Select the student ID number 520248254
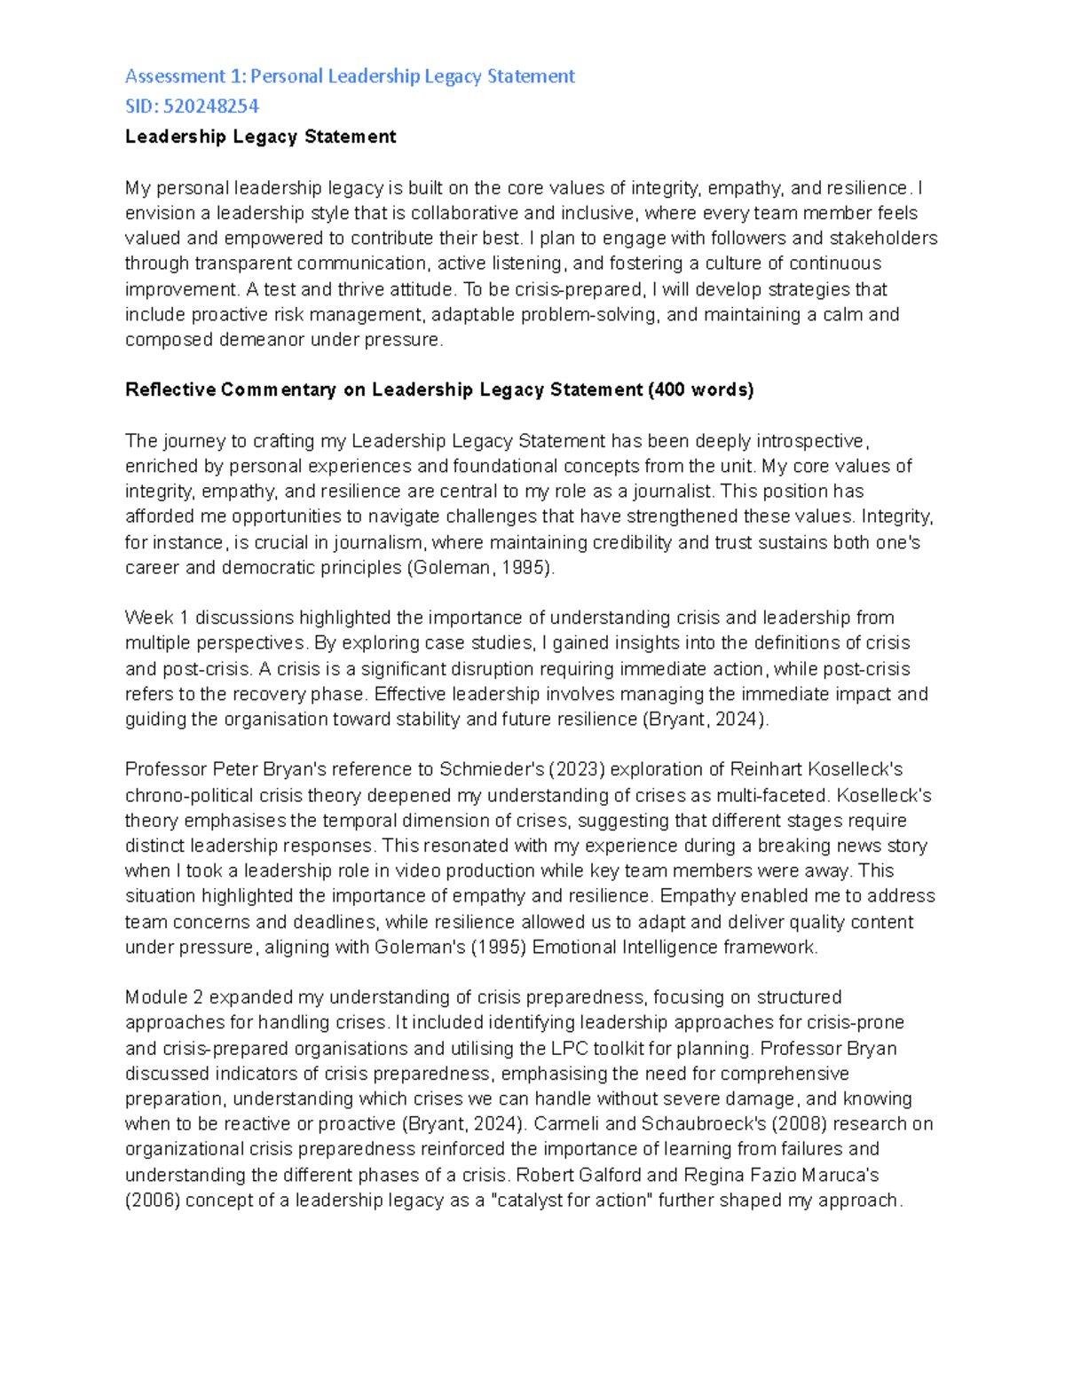211,106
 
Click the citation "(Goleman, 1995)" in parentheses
480,568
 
